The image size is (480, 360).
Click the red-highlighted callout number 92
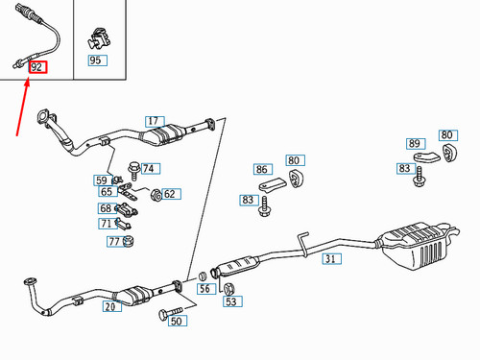click(37, 67)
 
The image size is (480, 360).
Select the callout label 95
click(95, 61)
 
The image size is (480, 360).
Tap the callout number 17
click(155, 122)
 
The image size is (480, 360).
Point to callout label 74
click(148, 168)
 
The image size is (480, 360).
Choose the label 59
click(101, 180)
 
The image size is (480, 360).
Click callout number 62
click(169, 195)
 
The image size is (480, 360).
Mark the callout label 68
click(106, 208)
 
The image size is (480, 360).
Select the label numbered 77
click(113, 240)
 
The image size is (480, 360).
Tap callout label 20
click(109, 307)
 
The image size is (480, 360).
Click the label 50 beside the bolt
click(176, 322)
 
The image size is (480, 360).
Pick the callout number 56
click(204, 288)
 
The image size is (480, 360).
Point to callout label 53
click(230, 302)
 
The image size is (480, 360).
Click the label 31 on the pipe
click(329, 258)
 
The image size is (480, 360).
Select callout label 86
click(262, 169)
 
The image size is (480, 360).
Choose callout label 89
click(415, 144)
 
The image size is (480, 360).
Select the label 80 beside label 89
click(446, 135)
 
